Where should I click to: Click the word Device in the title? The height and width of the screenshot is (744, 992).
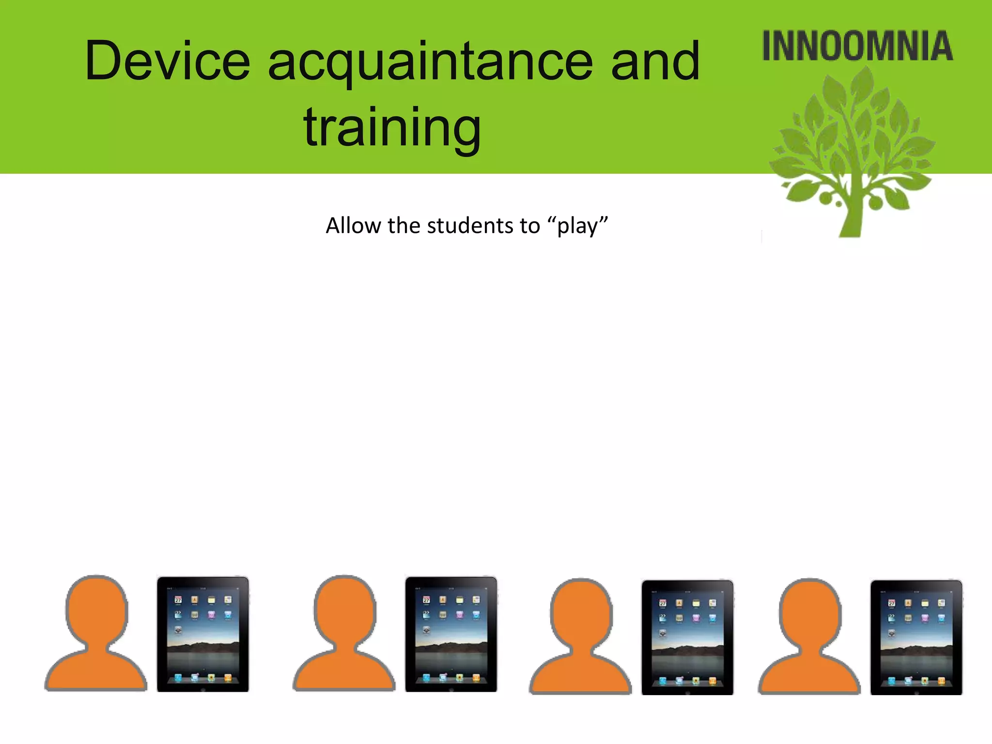pos(167,62)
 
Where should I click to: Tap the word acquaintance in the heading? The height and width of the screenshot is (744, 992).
pos(430,63)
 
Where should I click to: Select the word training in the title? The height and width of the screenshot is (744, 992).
pos(392,127)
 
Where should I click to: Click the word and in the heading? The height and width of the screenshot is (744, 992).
pos(655,62)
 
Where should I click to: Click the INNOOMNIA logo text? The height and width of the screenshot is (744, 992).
pos(857,46)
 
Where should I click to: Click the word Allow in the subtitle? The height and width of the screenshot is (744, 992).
pos(353,226)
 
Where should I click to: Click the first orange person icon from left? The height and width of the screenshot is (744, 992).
pos(96,639)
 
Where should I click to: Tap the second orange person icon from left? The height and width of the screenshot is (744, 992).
pos(344,639)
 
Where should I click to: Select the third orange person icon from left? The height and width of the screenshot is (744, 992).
pos(580,642)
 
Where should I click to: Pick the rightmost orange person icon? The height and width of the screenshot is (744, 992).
pos(809,642)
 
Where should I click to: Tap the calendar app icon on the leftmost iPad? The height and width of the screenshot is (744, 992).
pos(178,600)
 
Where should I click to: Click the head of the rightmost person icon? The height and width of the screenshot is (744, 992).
pos(810,613)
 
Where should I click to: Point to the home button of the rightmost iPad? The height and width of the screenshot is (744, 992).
pos(916,692)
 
